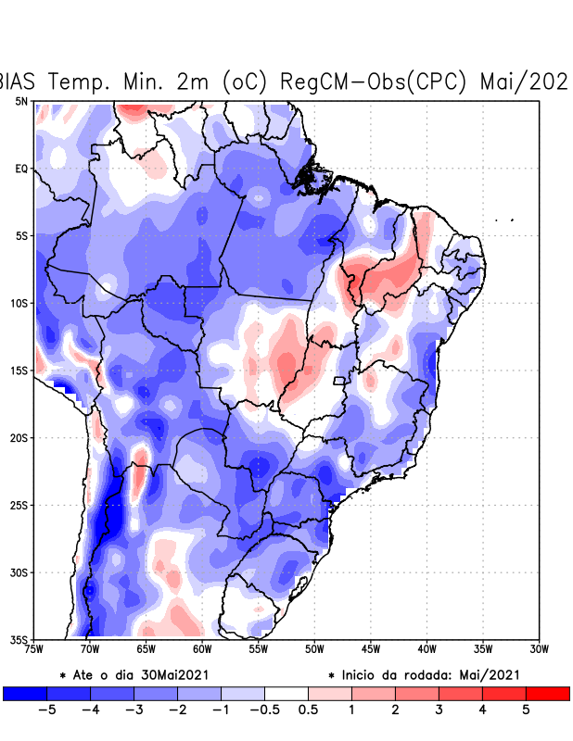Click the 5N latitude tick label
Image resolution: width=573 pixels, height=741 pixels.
(20, 101)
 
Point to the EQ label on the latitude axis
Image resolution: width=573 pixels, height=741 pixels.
(20, 169)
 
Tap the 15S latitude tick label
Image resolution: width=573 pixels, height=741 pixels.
(19, 370)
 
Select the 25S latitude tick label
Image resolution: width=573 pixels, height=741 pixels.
(19, 505)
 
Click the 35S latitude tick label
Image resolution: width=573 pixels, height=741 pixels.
(19, 639)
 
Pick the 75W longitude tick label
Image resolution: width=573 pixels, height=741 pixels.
(35, 649)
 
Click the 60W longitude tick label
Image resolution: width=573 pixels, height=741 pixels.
(203, 649)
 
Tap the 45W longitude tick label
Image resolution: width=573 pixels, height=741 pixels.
(371, 649)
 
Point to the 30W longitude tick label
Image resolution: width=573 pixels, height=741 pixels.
(539, 649)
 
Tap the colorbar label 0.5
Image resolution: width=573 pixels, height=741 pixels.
(308, 710)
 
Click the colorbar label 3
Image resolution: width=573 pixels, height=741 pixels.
(439, 710)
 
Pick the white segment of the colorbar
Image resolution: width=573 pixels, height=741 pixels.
(286, 693)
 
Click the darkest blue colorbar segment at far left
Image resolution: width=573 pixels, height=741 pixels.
(25, 693)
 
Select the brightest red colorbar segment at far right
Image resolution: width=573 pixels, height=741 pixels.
(547, 693)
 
